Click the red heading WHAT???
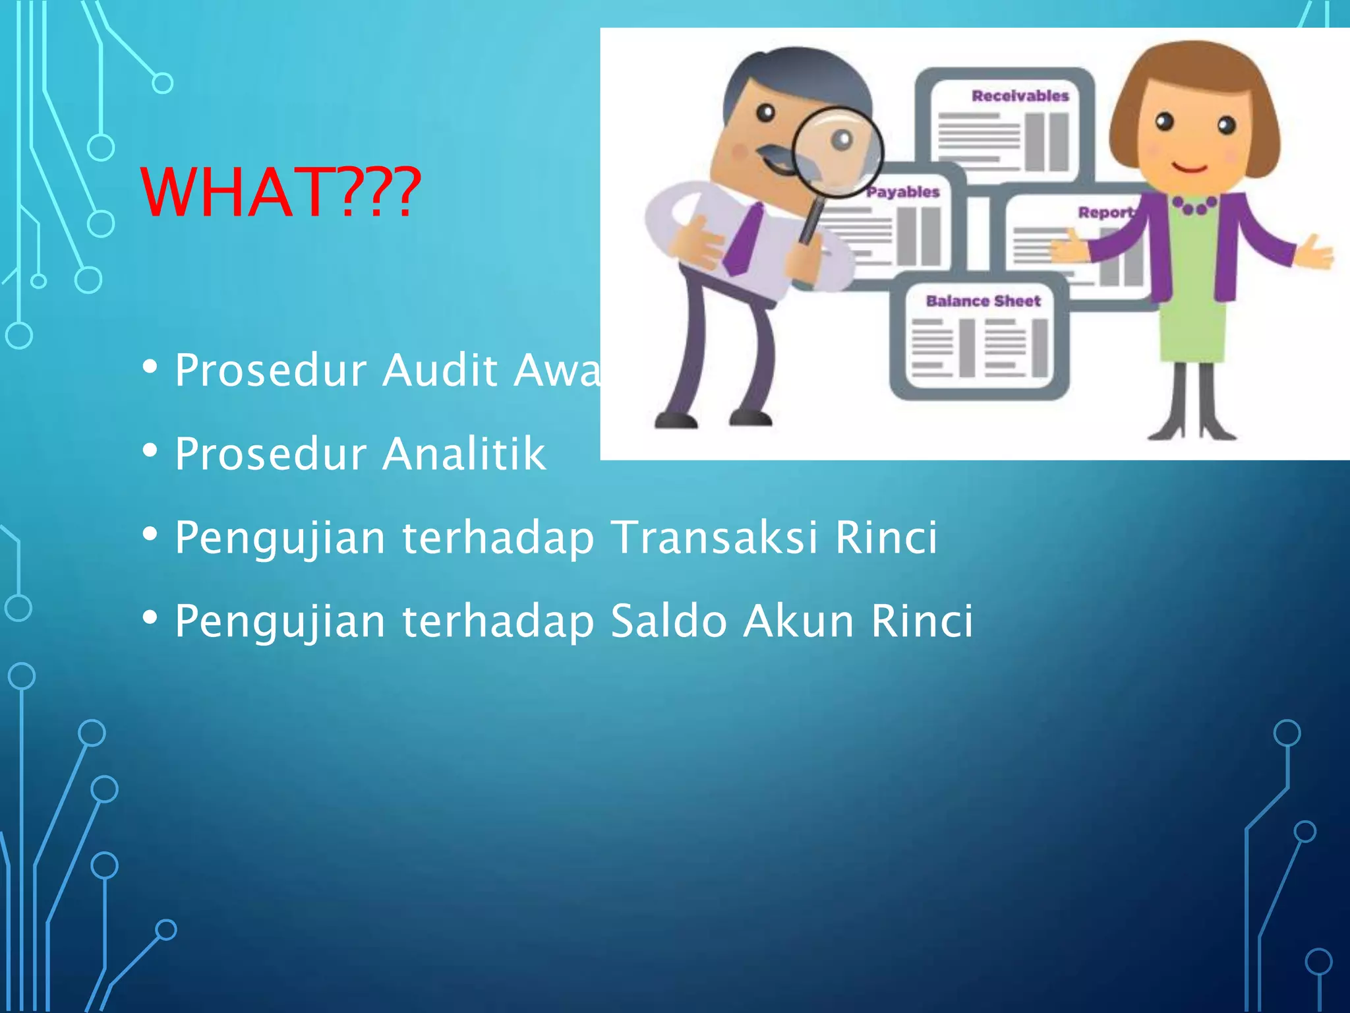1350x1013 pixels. [x=280, y=192]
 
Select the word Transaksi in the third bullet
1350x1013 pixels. [x=716, y=537]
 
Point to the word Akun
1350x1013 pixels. [x=798, y=621]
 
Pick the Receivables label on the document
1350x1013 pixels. [x=1020, y=96]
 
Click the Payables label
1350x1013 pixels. [x=902, y=192]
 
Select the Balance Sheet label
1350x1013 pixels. [x=983, y=301]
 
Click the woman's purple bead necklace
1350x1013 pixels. [x=1194, y=206]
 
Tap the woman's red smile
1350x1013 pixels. [x=1190, y=168]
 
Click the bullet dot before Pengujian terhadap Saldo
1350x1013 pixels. [x=150, y=619]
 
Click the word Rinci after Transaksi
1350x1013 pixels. [x=886, y=537]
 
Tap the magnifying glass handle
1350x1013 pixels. [x=811, y=221]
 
